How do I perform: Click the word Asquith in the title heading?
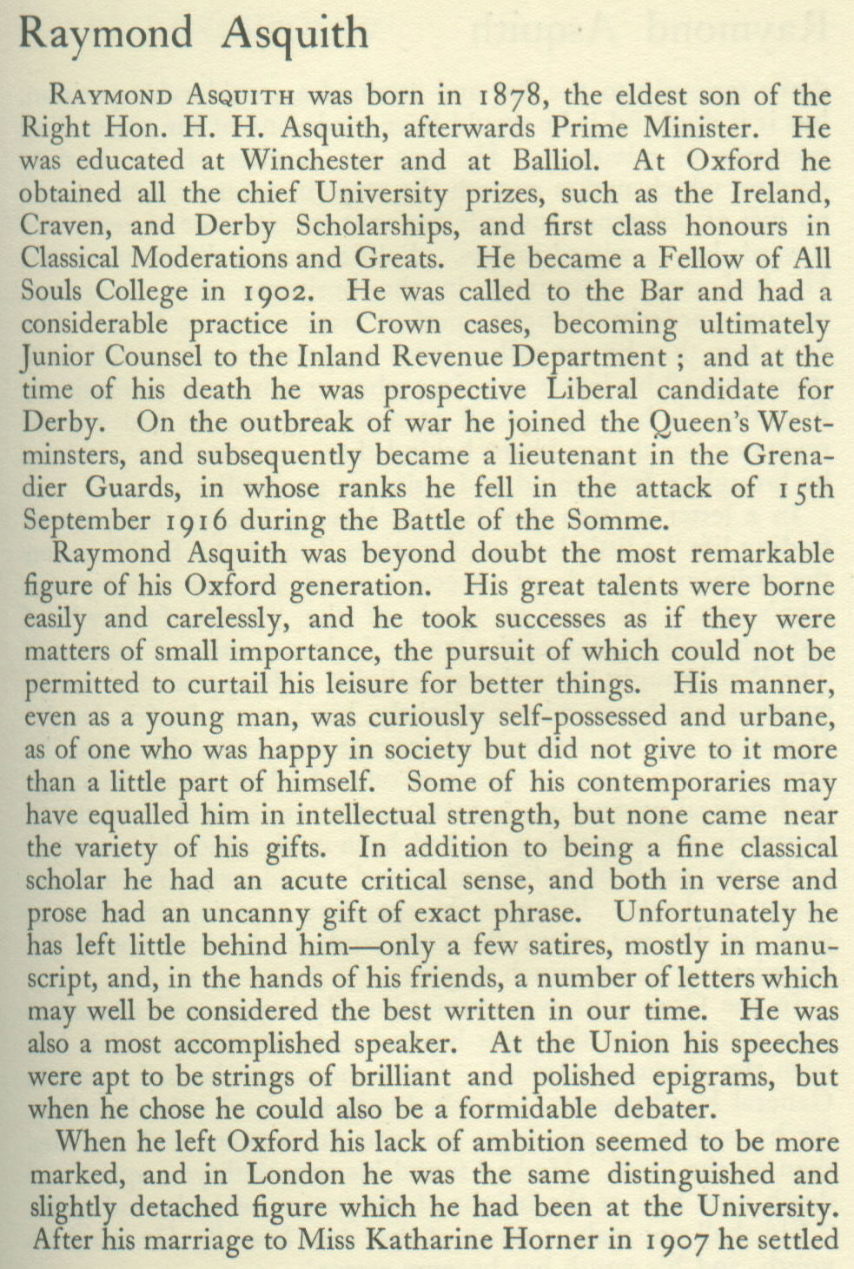[x=295, y=34]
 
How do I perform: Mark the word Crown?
[x=397, y=324]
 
